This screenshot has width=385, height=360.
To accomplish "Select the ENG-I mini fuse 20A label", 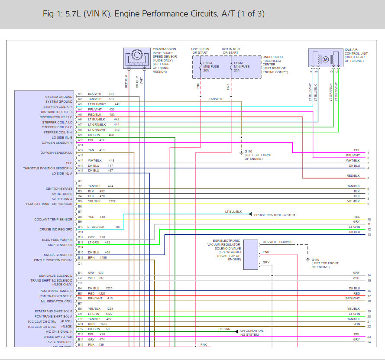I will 208,67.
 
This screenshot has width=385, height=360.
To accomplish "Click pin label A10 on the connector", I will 80,140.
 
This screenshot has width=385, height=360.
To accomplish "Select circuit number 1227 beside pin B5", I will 112,201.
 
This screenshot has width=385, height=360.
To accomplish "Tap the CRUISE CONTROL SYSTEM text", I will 275,215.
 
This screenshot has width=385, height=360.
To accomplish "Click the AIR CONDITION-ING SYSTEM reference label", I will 252,333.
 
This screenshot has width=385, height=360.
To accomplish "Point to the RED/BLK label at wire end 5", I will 353,175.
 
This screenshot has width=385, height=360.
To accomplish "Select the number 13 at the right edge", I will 369,235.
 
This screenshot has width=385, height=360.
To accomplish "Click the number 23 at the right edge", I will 369,337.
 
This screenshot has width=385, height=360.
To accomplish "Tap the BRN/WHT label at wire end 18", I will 353,298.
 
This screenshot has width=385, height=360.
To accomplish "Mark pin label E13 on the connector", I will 80,334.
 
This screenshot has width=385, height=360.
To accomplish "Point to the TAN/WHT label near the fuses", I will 216,99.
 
